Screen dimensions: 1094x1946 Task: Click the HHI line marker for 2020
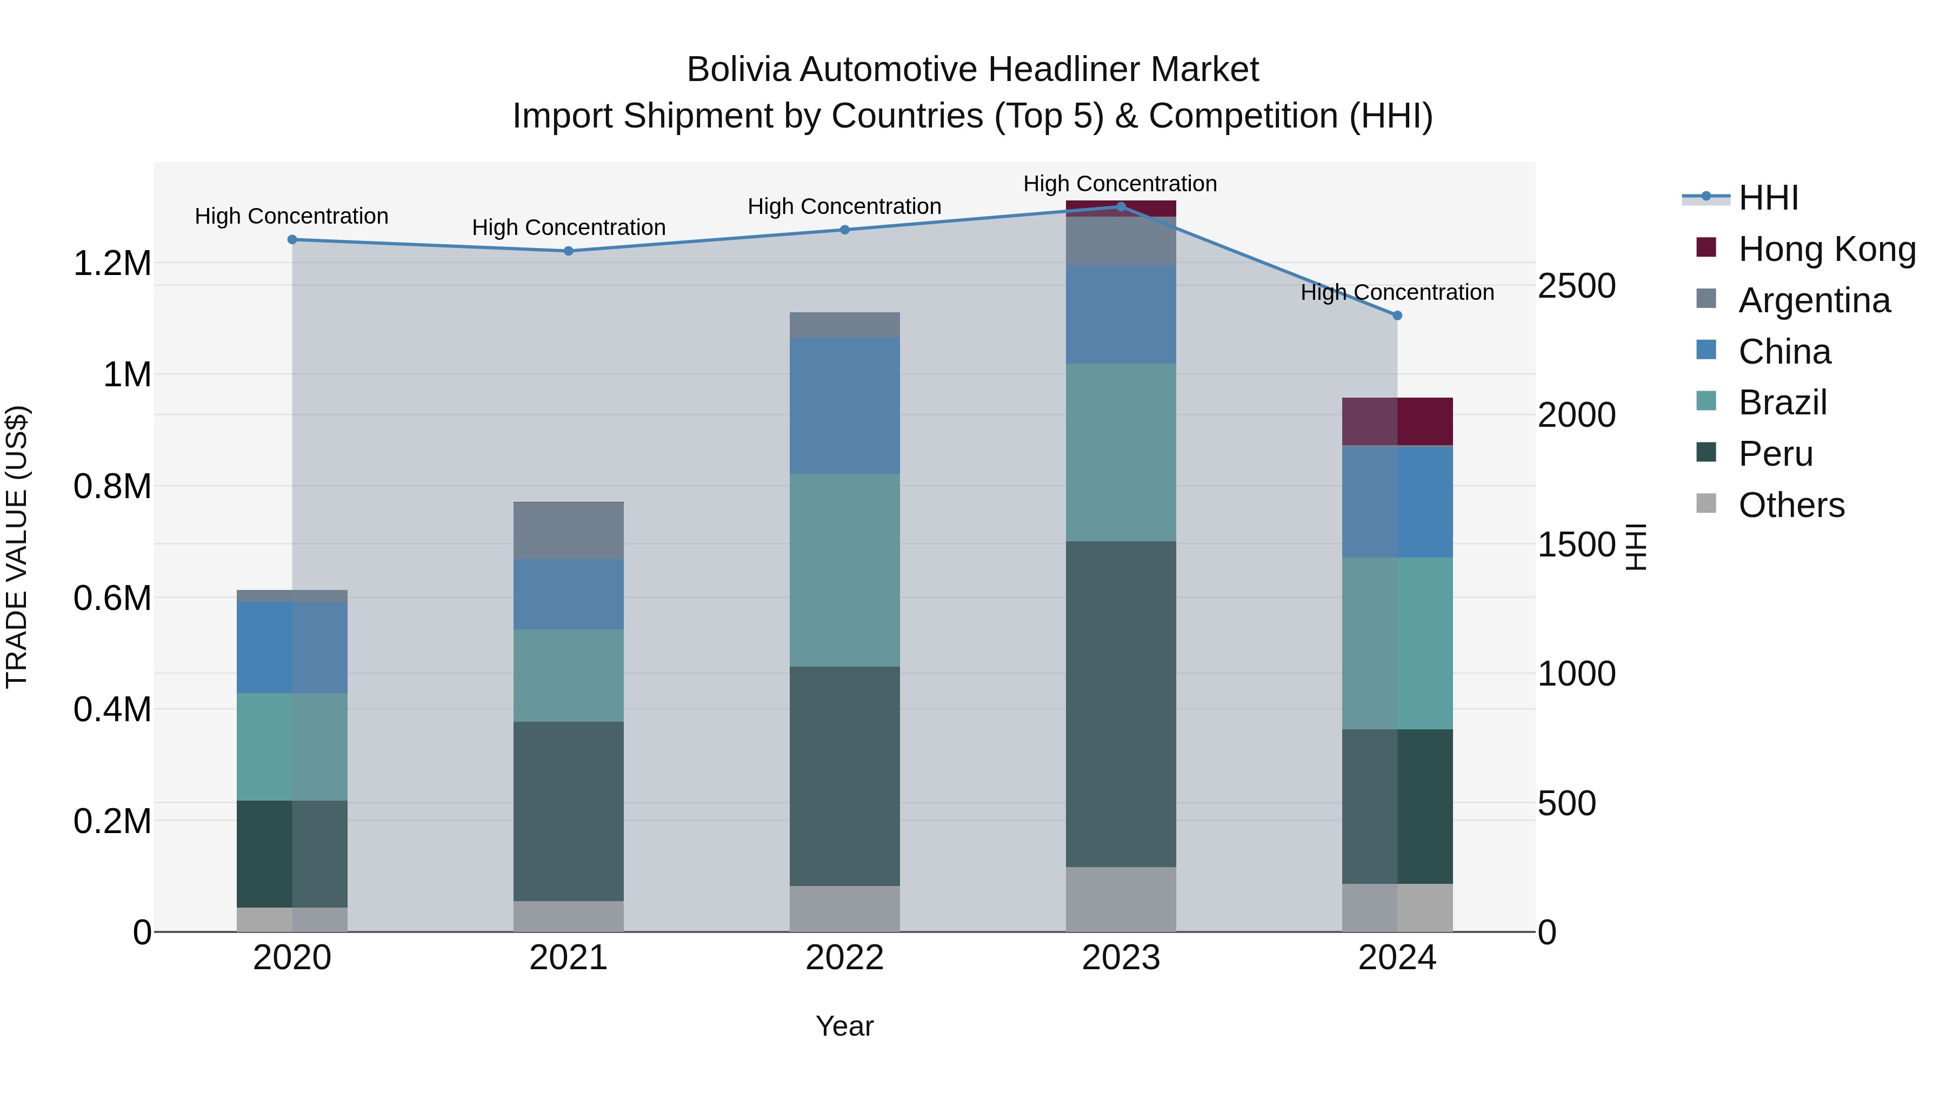(292, 239)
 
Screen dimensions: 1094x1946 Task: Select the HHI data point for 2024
(1397, 316)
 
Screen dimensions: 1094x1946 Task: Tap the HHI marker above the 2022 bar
(844, 230)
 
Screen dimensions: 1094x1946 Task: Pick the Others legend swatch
(1706, 504)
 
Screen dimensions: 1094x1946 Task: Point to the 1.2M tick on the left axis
(112, 264)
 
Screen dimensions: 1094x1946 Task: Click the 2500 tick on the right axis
(1577, 286)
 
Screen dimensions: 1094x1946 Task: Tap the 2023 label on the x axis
(1121, 958)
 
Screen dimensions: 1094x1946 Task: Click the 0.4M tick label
(112, 710)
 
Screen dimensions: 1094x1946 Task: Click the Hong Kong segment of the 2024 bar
(1397, 421)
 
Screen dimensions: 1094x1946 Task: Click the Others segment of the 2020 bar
(292, 919)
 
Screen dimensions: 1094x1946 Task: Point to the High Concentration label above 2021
(568, 227)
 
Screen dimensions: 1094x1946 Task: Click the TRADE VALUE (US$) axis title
(17, 547)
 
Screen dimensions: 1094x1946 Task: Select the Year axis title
(844, 1026)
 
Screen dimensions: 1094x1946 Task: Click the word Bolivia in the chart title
(739, 70)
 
